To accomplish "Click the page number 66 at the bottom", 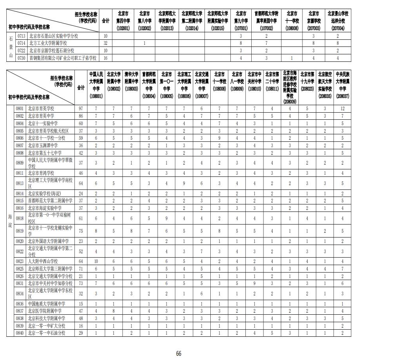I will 179,354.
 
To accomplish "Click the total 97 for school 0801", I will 81,108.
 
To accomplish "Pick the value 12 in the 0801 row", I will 342,108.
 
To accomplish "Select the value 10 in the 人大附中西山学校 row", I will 96,261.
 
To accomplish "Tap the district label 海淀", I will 11,221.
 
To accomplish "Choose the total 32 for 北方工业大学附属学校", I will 105,43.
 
